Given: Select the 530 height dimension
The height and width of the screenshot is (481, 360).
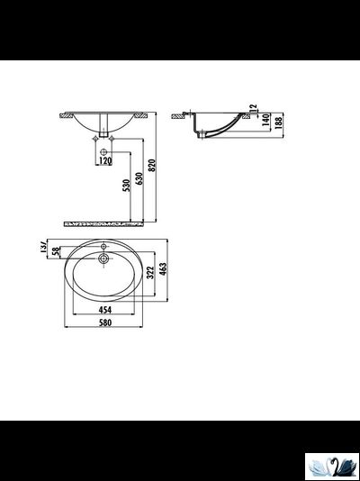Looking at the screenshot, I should click(x=126, y=189).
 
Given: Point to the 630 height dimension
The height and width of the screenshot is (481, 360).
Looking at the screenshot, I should click(x=139, y=180).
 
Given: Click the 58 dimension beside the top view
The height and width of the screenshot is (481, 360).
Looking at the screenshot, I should click(x=55, y=256).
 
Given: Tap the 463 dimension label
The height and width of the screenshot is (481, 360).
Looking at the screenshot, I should click(x=164, y=268).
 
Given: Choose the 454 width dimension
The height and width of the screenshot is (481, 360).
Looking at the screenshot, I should click(x=105, y=312).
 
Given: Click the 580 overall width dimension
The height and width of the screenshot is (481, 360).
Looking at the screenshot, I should click(x=105, y=325).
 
